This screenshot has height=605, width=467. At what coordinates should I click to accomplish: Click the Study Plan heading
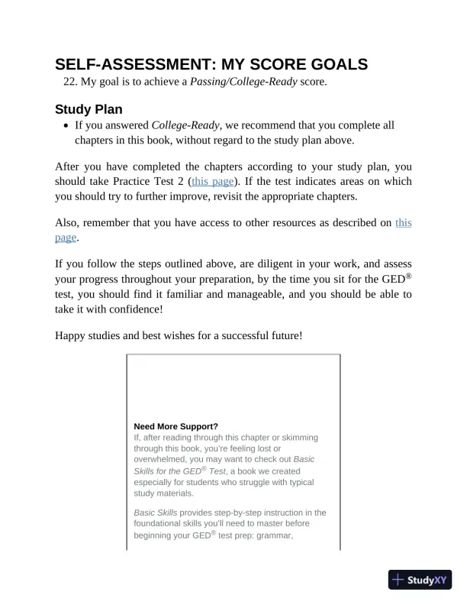(x=89, y=109)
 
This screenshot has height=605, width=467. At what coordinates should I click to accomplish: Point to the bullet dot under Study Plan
(x=66, y=126)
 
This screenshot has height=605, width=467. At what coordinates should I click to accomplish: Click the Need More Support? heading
(x=176, y=426)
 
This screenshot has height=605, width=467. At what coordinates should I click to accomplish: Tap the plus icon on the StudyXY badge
(x=398, y=580)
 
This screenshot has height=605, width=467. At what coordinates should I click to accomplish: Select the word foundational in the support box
(x=160, y=524)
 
